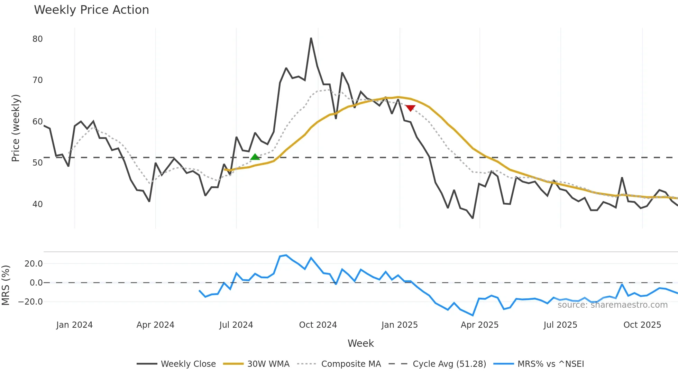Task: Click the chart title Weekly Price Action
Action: (91, 10)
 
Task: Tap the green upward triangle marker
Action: (255, 157)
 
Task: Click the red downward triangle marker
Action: (410, 108)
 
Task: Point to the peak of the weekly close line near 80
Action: (311, 38)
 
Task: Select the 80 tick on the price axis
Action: (37, 39)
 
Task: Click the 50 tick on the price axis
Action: (37, 163)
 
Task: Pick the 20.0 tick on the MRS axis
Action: (34, 264)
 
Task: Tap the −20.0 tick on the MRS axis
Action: (30, 302)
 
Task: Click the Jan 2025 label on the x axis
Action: (400, 325)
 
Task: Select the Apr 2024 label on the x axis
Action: (155, 325)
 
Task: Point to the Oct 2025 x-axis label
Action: (642, 325)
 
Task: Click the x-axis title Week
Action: (360, 343)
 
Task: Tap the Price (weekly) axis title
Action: (16, 128)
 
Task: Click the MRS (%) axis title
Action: (6, 285)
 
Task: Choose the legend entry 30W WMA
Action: (268, 364)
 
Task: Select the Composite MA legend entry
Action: (351, 364)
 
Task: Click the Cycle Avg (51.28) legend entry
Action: (449, 364)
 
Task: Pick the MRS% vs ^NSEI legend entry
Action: (550, 364)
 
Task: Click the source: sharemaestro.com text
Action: (612, 305)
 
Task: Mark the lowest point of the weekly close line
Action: (473, 218)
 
